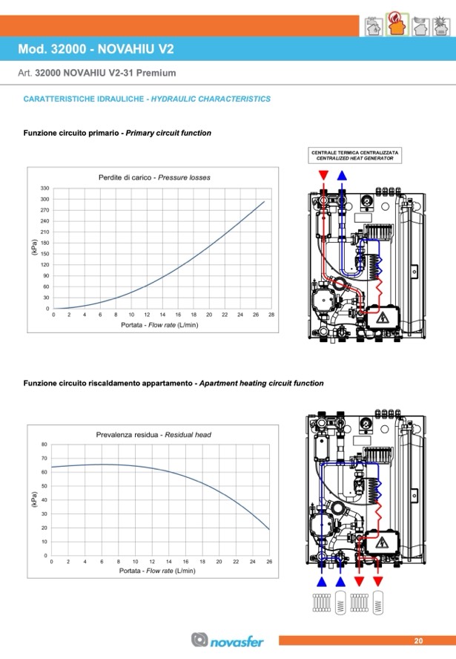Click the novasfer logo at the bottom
(x=227, y=640)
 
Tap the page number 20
(x=418, y=640)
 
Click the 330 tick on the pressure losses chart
(x=44, y=188)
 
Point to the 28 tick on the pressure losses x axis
(x=271, y=315)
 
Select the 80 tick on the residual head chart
(x=44, y=445)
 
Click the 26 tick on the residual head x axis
(x=269, y=562)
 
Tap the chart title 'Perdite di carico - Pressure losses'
(x=154, y=177)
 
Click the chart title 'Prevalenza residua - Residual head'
(x=153, y=435)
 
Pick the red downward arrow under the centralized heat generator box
(x=323, y=175)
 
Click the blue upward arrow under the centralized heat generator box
(x=342, y=175)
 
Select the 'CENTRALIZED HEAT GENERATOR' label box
(x=355, y=156)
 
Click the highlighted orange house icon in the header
(x=397, y=24)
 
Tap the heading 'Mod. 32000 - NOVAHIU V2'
(x=96, y=49)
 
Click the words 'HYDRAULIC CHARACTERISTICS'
(x=211, y=99)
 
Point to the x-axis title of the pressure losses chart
(x=159, y=325)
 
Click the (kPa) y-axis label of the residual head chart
(x=34, y=499)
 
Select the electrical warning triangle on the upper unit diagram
(x=382, y=318)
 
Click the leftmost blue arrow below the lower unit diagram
(x=322, y=582)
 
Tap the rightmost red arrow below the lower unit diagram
(x=378, y=582)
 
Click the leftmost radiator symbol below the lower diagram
(x=322, y=603)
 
